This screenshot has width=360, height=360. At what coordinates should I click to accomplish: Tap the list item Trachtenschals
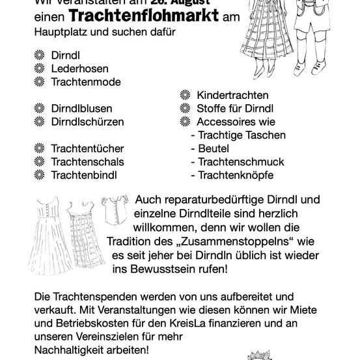[87, 161]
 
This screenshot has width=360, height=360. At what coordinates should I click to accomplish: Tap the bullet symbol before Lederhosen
[39, 68]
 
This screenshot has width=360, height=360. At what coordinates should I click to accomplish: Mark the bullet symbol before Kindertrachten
[185, 95]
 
